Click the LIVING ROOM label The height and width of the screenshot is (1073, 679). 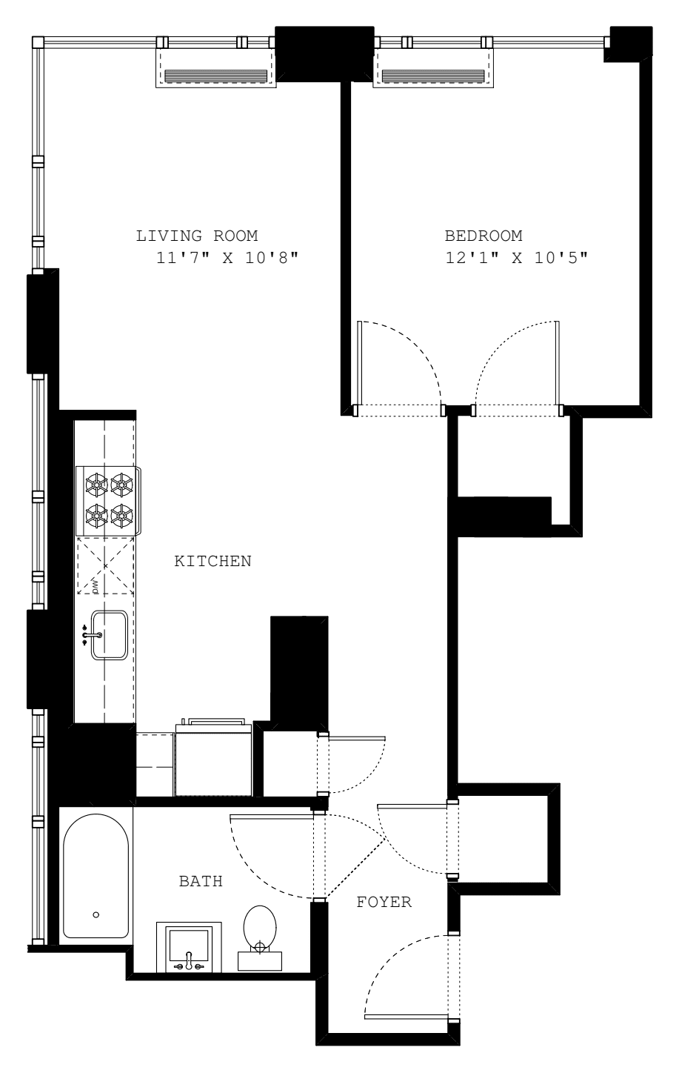pos(196,236)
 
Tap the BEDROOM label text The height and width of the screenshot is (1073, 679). pos(483,236)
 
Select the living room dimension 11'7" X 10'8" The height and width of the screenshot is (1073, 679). pos(227,259)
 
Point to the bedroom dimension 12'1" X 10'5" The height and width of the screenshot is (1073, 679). pos(515,259)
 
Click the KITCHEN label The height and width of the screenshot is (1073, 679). pos(213,561)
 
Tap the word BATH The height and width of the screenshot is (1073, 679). pos(201,881)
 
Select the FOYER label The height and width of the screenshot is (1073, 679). pos(384,903)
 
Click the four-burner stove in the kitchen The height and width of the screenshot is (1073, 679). pos(108,499)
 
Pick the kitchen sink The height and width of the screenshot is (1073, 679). pos(107,635)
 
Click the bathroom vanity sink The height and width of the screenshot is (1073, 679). pos(189,948)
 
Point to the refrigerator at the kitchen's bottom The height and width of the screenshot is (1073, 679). pos(213,760)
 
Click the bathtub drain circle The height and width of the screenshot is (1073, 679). pos(96,914)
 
